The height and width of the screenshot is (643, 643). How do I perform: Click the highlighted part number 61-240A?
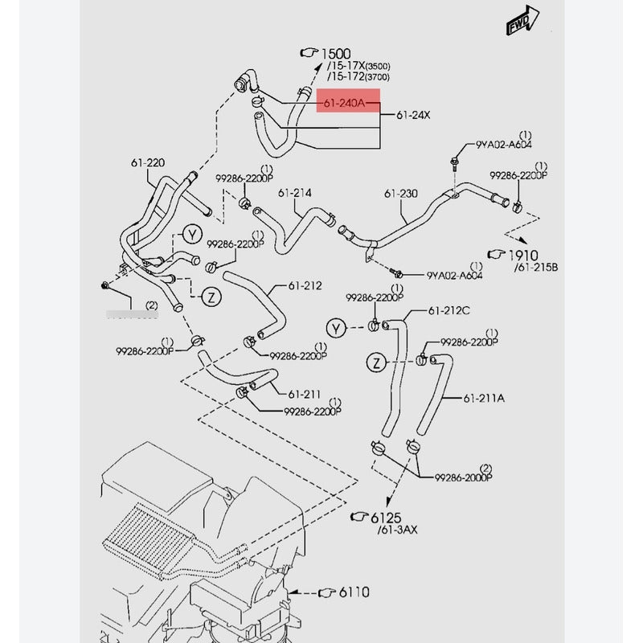pos(344,102)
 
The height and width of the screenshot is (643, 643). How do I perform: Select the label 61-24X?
pos(412,115)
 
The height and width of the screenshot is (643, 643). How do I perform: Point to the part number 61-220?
pos(148,163)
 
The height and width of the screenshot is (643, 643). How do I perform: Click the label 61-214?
pos(295,193)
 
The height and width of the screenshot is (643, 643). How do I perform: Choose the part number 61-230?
pos(400,194)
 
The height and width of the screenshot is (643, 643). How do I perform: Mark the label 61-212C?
pos(448,311)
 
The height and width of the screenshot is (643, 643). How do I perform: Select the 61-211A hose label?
pos(485,397)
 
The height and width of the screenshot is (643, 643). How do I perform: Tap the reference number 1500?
pos(337,53)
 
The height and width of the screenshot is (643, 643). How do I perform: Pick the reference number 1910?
pos(526,255)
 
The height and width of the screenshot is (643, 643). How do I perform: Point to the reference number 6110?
pos(353,592)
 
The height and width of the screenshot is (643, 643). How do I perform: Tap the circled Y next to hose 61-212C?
pos(336,328)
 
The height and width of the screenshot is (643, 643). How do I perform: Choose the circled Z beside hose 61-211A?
pos(375,363)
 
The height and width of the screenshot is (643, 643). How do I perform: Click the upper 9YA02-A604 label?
pos(504,145)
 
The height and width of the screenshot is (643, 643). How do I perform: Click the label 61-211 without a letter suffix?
pos(305,394)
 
